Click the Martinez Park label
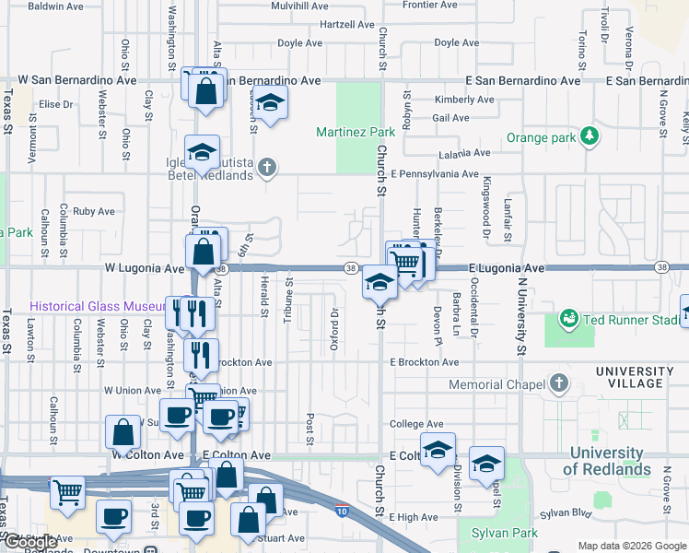tap(356, 132)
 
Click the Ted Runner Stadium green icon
tap(569, 319)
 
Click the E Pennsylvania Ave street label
tap(434, 173)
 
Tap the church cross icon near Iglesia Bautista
tap(267, 167)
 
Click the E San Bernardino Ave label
tap(523, 80)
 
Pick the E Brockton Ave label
tap(424, 362)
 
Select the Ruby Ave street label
tap(94, 211)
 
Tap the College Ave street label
tap(410, 424)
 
